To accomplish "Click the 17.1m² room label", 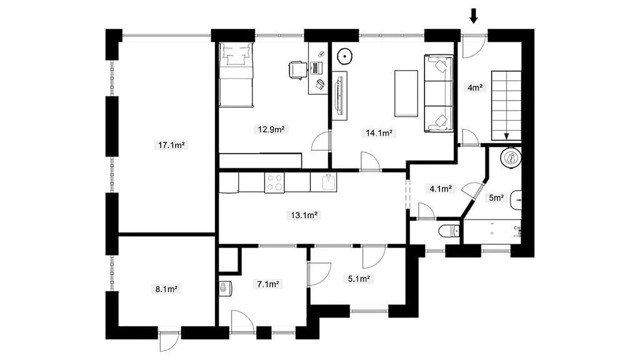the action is (x=171, y=145).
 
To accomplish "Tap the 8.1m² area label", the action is (x=166, y=289).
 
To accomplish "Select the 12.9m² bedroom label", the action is (x=271, y=129).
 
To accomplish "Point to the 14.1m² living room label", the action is (x=379, y=132).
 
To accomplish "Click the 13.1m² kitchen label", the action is (x=304, y=215).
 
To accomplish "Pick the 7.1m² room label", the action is (x=268, y=284).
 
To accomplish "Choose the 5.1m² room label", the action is (x=359, y=279).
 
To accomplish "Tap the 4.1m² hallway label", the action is (x=441, y=189).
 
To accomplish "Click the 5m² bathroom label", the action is (x=496, y=198).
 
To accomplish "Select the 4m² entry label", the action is (x=475, y=87).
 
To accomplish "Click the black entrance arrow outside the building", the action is (x=474, y=16).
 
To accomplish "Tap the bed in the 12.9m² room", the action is (x=236, y=75).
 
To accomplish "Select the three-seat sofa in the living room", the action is (x=439, y=94).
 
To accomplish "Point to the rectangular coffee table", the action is (x=406, y=94).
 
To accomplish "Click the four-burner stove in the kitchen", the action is (x=274, y=182).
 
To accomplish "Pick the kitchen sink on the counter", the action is (x=328, y=182).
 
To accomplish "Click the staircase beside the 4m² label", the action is (x=506, y=105).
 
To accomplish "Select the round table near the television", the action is (x=345, y=56).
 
